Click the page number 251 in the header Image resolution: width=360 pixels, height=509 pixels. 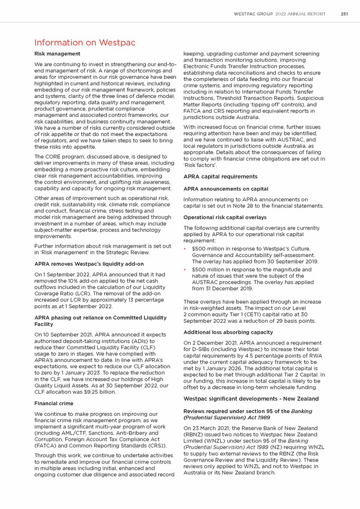(344, 14)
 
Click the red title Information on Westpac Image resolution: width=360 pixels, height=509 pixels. (85, 42)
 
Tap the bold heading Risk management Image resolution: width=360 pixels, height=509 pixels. (57, 54)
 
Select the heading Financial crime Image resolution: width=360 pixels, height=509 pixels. (55, 403)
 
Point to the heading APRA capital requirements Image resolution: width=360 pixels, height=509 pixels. (220, 177)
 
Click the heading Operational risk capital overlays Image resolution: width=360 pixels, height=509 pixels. (224, 217)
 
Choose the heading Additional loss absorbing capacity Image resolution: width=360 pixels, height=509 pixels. (228, 332)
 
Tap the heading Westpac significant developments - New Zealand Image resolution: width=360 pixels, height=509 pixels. (251, 398)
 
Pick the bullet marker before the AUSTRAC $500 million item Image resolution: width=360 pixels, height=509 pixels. (186, 270)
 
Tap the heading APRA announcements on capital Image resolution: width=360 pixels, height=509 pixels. (226, 188)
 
